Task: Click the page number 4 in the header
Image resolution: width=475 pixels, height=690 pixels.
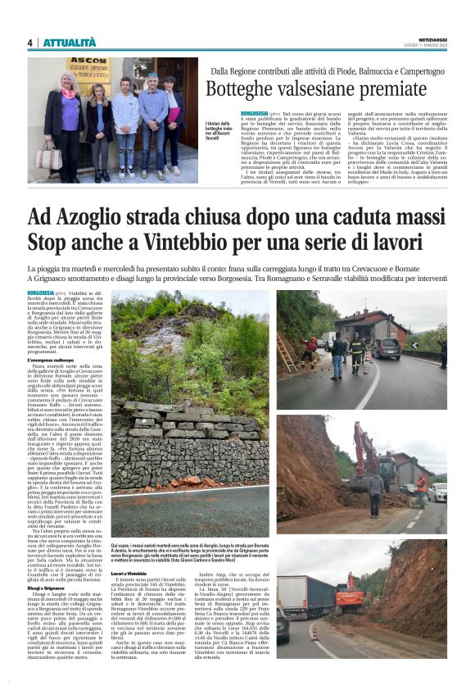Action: (x=29, y=43)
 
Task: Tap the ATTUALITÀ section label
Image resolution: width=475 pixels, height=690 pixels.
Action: (x=70, y=43)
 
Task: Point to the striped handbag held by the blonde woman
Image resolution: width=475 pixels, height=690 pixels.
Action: (x=47, y=157)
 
